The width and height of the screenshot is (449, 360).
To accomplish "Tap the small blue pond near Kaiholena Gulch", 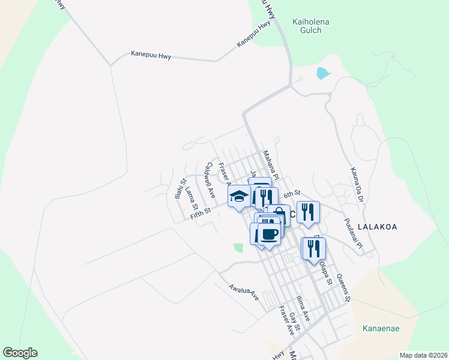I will (x=323, y=73).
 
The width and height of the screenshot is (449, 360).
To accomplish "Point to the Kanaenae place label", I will (x=381, y=329).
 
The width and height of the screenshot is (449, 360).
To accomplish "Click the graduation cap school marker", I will (x=239, y=196).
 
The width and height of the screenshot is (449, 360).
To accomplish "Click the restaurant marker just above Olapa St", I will (x=313, y=249).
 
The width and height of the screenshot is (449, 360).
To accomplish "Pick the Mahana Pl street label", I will (x=271, y=166).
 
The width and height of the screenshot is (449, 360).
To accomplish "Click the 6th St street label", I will (x=292, y=194).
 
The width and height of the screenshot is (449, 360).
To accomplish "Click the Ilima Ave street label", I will (x=303, y=308).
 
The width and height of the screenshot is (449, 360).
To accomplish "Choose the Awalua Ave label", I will (x=243, y=292).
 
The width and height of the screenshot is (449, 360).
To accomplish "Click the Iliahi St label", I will (x=178, y=189).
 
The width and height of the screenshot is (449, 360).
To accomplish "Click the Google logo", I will (x=20, y=353).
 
